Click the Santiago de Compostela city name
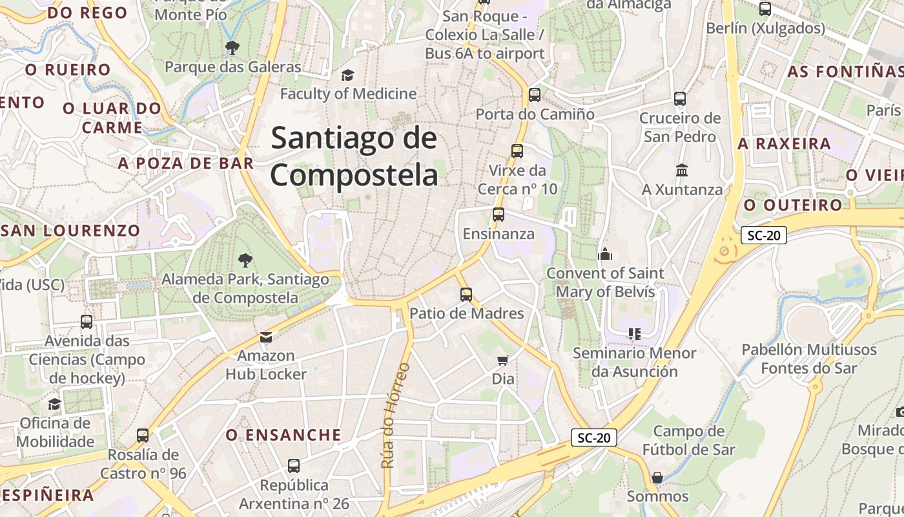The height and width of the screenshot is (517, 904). (x=354, y=157)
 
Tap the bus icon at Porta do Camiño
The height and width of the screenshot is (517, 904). (x=535, y=95)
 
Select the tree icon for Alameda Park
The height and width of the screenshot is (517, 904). (x=245, y=260)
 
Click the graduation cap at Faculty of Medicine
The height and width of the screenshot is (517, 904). (x=348, y=75)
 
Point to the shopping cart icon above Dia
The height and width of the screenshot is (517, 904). (x=503, y=359)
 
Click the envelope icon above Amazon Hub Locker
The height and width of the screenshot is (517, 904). (x=266, y=337)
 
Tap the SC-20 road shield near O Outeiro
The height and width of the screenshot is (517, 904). (x=763, y=235)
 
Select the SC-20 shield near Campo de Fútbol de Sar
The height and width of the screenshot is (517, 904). (x=594, y=438)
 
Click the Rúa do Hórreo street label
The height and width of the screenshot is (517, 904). (x=395, y=416)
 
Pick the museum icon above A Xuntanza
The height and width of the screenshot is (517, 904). (x=682, y=171)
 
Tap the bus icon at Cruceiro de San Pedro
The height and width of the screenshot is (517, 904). (x=680, y=99)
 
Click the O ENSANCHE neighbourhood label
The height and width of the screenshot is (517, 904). (x=283, y=435)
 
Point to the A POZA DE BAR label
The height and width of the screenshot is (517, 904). (x=186, y=164)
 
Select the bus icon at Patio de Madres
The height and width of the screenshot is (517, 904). (x=466, y=295)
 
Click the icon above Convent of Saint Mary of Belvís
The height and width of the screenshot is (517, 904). (x=605, y=254)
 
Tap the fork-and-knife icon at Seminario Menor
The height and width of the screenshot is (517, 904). (x=635, y=334)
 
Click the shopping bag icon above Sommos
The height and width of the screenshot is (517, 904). (x=657, y=478)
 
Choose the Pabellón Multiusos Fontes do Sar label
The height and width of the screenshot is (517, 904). (x=809, y=359)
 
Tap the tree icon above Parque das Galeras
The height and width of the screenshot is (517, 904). (x=232, y=47)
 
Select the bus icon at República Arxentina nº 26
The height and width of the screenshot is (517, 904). (x=294, y=465)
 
